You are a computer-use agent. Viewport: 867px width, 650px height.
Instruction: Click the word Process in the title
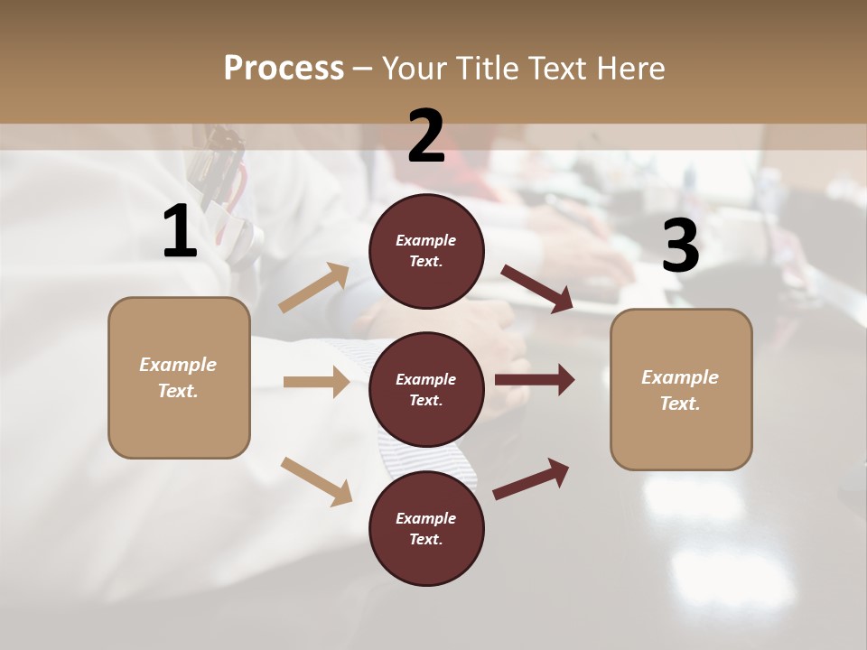[x=284, y=69]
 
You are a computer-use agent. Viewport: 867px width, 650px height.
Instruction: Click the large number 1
[x=180, y=232]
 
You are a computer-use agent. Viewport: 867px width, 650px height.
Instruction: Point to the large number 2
[x=426, y=136]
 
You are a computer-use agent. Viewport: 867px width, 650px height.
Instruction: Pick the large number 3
[x=680, y=246]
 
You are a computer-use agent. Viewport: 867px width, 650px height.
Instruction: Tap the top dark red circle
[x=426, y=251]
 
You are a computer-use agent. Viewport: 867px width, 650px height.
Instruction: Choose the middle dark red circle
[x=426, y=389]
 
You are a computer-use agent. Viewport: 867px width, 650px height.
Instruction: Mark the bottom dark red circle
[x=426, y=528]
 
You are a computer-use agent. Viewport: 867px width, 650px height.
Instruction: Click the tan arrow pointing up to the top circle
[x=314, y=288]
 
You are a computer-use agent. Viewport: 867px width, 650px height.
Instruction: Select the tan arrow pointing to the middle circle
[x=316, y=382]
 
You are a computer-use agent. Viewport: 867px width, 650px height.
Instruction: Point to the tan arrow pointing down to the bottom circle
[x=316, y=481]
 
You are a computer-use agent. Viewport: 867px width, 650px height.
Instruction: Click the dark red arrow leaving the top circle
[x=536, y=289]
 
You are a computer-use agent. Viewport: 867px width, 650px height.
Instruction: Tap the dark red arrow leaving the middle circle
[x=534, y=380]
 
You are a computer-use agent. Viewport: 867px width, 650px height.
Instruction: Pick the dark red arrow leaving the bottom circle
[x=531, y=478]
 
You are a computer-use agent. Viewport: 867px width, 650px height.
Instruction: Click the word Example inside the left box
[x=178, y=365]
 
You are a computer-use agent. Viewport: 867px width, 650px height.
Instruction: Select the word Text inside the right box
[x=679, y=404]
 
